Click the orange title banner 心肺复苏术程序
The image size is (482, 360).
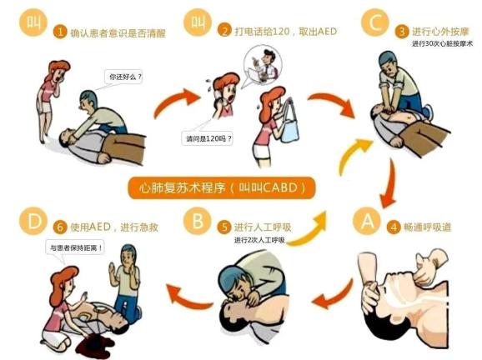221,187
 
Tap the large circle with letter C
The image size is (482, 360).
375,22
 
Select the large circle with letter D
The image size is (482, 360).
33,221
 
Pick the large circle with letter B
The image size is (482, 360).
198,221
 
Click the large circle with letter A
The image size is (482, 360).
367,221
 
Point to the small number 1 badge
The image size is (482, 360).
60,32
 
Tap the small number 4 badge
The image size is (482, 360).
394,227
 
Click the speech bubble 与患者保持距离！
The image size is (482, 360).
76,247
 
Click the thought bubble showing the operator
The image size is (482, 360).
262,66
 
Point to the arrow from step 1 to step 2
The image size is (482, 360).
176,101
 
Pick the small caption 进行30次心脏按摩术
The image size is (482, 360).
442,44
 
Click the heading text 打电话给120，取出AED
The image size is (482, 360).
286,32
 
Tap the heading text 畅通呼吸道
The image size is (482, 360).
427,227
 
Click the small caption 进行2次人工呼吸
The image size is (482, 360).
259,240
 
